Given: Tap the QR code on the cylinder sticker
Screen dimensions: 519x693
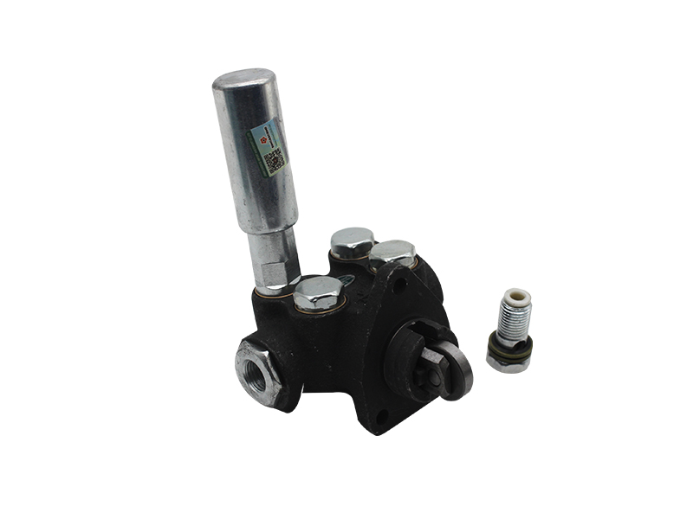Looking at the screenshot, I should coord(275,161).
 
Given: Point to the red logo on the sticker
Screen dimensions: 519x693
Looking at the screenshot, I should coord(258,137).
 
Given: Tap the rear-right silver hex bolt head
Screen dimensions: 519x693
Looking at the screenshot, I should coord(392,253).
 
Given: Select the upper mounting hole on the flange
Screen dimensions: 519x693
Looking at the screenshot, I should coord(398,281).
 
